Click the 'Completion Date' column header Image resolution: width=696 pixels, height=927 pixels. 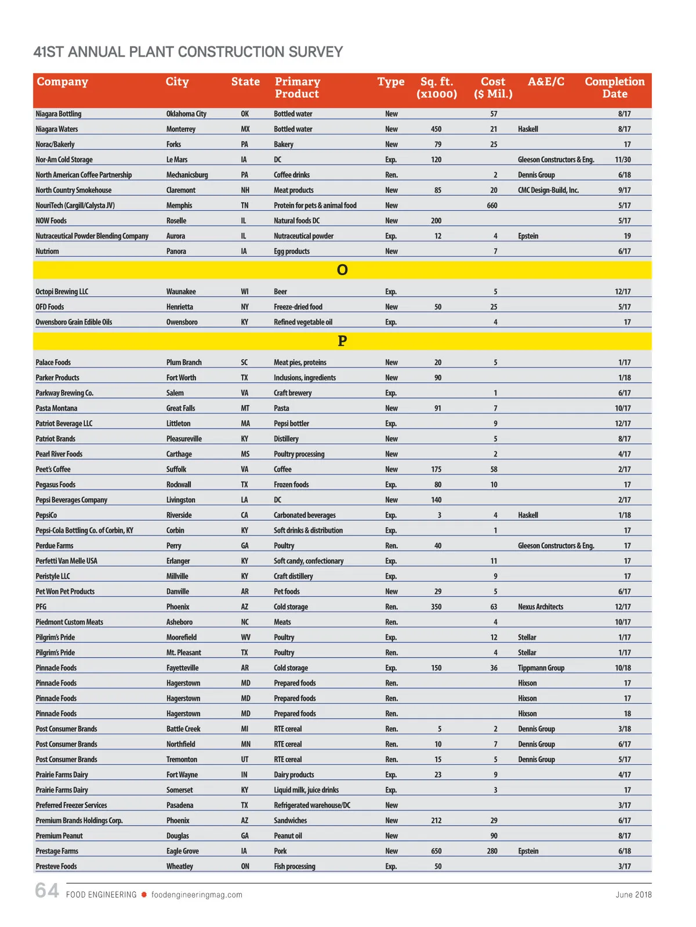(614, 87)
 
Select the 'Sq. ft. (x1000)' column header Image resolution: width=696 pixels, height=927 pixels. (436, 87)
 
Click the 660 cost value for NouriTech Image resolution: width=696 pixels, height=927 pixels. (492, 206)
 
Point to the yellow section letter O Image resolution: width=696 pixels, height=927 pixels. (342, 270)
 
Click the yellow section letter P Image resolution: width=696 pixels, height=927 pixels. (342, 341)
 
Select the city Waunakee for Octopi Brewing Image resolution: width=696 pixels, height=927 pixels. (181, 292)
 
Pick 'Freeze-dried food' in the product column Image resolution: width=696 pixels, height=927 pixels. (298, 307)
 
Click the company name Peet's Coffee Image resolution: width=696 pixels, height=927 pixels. (53, 470)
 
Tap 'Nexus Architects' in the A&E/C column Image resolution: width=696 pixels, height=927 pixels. (541, 607)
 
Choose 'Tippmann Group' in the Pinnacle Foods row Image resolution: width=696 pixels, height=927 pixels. (541, 668)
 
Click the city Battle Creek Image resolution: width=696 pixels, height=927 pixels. (183, 729)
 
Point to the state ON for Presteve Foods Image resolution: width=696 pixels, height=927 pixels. (245, 867)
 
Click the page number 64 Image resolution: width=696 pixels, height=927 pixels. (47, 890)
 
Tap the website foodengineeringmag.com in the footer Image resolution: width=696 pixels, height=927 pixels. (197, 895)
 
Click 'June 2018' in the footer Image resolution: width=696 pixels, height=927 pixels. (633, 895)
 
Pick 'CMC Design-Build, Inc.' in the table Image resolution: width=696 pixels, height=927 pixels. (548, 191)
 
